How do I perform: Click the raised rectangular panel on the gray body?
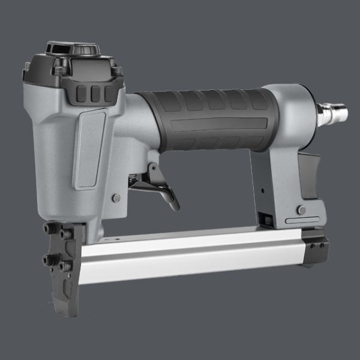pos(89,147)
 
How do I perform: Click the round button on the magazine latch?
pos(301,210)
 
